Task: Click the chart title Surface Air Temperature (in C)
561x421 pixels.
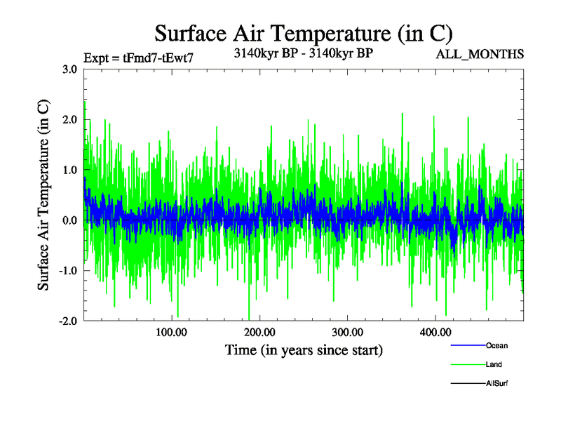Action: [x=303, y=33]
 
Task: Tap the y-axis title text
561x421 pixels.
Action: [x=43, y=195]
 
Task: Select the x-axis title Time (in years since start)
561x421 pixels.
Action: [x=304, y=349]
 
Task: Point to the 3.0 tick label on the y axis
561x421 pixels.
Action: [x=69, y=69]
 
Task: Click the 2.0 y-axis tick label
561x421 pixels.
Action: [x=69, y=120]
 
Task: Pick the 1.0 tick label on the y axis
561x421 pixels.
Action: [x=69, y=171]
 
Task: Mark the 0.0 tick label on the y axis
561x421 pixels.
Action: [x=69, y=221]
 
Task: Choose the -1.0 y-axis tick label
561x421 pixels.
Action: [x=67, y=271]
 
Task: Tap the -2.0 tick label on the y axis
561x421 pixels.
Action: [x=67, y=321]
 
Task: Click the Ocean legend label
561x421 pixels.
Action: [x=496, y=345]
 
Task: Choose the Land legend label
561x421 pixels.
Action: [x=494, y=365]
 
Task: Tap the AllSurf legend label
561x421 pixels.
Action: [x=498, y=384]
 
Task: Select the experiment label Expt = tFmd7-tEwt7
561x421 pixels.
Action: [x=138, y=58]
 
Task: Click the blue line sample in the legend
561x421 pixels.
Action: [x=466, y=345]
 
